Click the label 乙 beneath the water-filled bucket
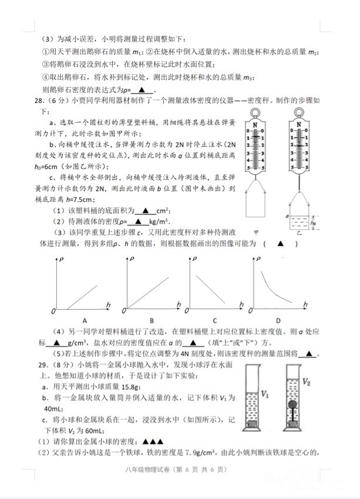click(x=298, y=233)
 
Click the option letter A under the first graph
click(x=85, y=320)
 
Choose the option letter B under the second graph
click(x=152, y=320)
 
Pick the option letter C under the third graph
click(x=216, y=320)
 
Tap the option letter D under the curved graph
click(x=278, y=320)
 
